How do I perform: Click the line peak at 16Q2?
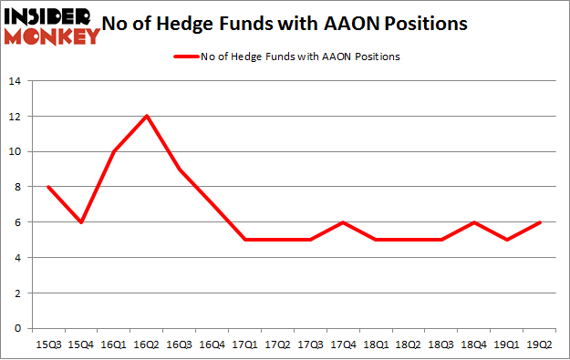(x=147, y=116)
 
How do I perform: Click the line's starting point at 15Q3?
(x=48, y=187)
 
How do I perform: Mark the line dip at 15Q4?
(x=81, y=222)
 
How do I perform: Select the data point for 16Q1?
(x=114, y=151)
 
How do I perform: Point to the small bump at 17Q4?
(x=344, y=222)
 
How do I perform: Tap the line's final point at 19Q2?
(x=541, y=222)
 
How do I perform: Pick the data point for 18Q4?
(x=475, y=222)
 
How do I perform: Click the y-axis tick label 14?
(x=16, y=81)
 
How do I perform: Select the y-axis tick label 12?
(x=16, y=117)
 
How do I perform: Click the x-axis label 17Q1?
(x=245, y=345)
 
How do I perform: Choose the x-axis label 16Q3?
(x=180, y=345)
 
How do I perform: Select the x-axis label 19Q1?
(x=508, y=345)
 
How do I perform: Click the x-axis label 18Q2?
(x=409, y=345)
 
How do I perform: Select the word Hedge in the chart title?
(x=229, y=24)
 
